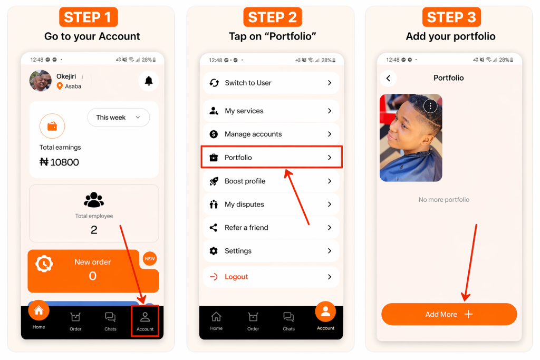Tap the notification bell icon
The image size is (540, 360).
(149, 81)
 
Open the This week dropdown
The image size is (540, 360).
(119, 118)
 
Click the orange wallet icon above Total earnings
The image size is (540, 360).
(52, 127)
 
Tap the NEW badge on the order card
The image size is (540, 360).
(150, 258)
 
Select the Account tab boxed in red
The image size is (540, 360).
(145, 321)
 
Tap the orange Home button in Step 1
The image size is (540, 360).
(39, 310)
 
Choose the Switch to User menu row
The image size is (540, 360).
(272, 83)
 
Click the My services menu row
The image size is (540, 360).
(272, 111)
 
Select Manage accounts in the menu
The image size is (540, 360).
(272, 134)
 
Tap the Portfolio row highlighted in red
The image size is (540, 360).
(272, 157)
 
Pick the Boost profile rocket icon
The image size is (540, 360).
(214, 181)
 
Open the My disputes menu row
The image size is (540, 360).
(272, 205)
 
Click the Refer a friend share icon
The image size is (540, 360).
(214, 228)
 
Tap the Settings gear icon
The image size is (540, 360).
(214, 251)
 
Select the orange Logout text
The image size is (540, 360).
(236, 277)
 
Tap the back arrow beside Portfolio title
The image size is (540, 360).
(389, 78)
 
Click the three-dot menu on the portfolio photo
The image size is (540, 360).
(430, 106)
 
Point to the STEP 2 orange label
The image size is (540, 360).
(273, 17)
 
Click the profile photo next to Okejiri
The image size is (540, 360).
(41, 81)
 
